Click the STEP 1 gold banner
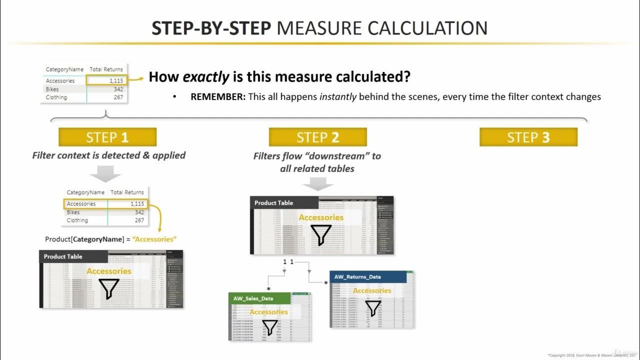[107, 137]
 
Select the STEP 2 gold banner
[318, 137]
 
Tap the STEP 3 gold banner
[528, 137]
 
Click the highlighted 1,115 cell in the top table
[106, 80]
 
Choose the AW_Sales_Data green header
[253, 298]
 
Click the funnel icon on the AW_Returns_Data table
[372, 307]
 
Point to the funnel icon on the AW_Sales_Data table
[269, 328]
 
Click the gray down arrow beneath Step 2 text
[318, 183]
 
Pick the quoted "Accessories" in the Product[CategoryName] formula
[155, 239]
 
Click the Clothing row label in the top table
[56, 97]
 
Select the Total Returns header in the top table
[106, 69]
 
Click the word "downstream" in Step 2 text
[320, 156]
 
